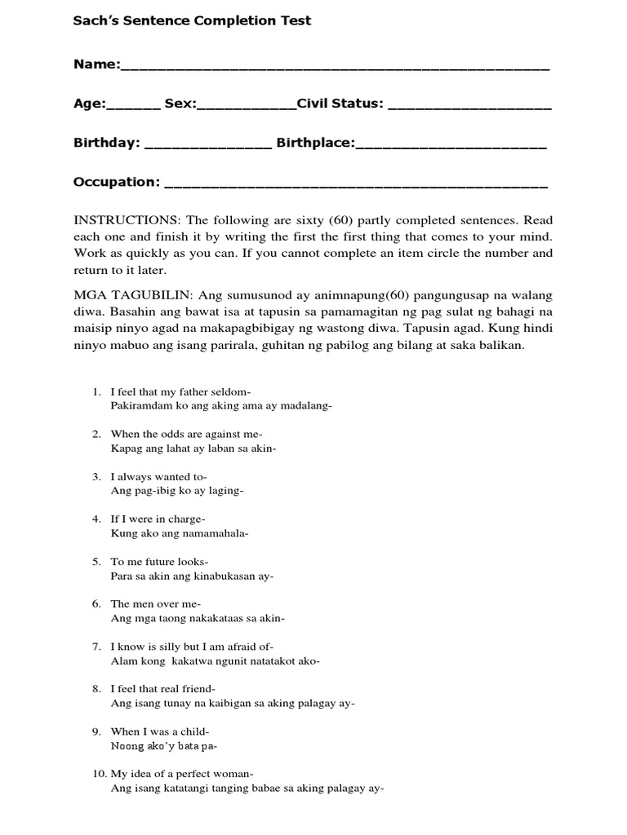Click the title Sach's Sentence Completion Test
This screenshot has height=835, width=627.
click(192, 21)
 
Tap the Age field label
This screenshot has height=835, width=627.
click(90, 104)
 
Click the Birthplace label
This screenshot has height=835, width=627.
click(315, 143)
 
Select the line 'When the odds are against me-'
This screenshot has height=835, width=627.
click(186, 435)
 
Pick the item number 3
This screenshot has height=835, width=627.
click(96, 477)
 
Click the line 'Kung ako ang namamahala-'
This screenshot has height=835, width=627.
click(179, 533)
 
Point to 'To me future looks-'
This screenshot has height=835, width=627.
click(159, 562)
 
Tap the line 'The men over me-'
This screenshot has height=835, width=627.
click(155, 604)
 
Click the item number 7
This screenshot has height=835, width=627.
click(96, 647)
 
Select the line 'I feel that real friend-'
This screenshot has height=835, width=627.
click(168, 689)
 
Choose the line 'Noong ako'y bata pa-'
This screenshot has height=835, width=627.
click(164, 746)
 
